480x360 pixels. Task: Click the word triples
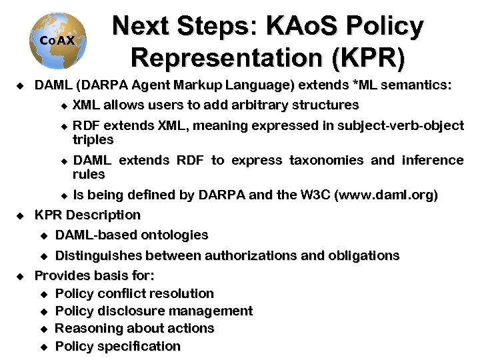tap(93, 140)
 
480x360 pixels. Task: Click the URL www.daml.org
tap(387, 195)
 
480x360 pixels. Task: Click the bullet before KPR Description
tap(20, 215)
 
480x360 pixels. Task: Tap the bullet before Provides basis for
tap(20, 275)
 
